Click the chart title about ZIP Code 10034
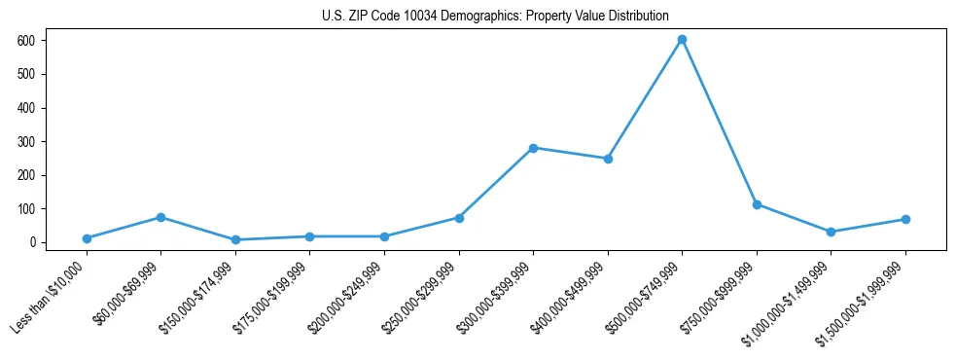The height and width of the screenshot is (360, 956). tap(495, 17)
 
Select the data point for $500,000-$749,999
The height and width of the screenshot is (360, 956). tap(682, 40)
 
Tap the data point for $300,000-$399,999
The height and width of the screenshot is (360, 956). tap(533, 148)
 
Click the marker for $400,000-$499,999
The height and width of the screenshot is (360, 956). tap(608, 159)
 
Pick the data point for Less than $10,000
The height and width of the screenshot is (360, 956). tap(87, 238)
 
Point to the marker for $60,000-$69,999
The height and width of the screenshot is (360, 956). tap(160, 217)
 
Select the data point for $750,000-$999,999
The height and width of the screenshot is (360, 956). tap(757, 204)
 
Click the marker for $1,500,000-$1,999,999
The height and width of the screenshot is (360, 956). tap(905, 219)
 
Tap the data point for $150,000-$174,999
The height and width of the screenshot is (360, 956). tap(235, 240)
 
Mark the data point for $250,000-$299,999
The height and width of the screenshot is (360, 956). tap(459, 218)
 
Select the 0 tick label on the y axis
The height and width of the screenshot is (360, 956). tap(32, 242)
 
